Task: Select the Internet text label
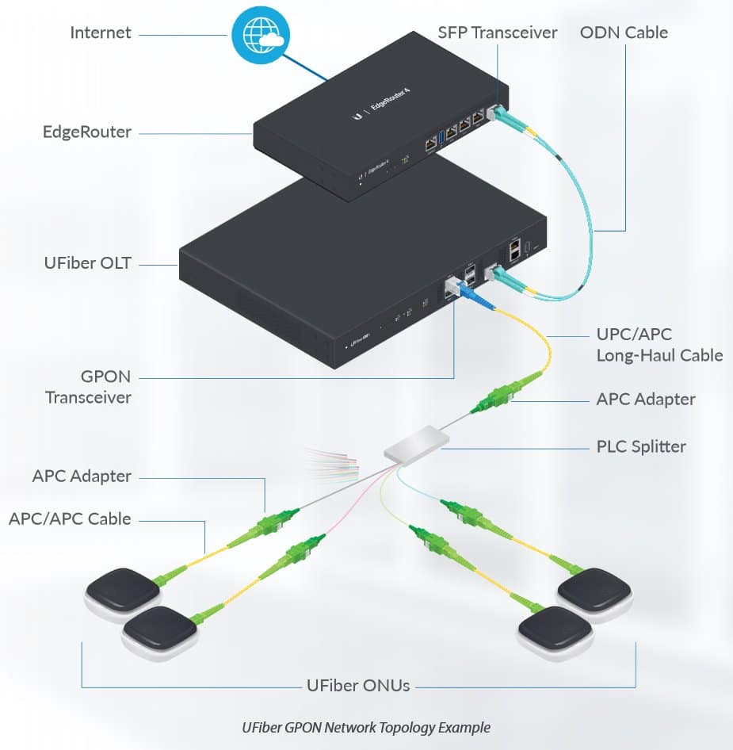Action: point(101,33)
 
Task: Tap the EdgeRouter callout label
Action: point(87,132)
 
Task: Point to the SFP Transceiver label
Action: point(498,33)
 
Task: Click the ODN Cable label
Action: point(624,33)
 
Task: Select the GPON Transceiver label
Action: point(87,388)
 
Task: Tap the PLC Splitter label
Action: point(641,446)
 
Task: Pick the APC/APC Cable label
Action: point(70,519)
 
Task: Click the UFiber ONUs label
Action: point(358,685)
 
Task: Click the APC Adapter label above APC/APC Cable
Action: point(82,476)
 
